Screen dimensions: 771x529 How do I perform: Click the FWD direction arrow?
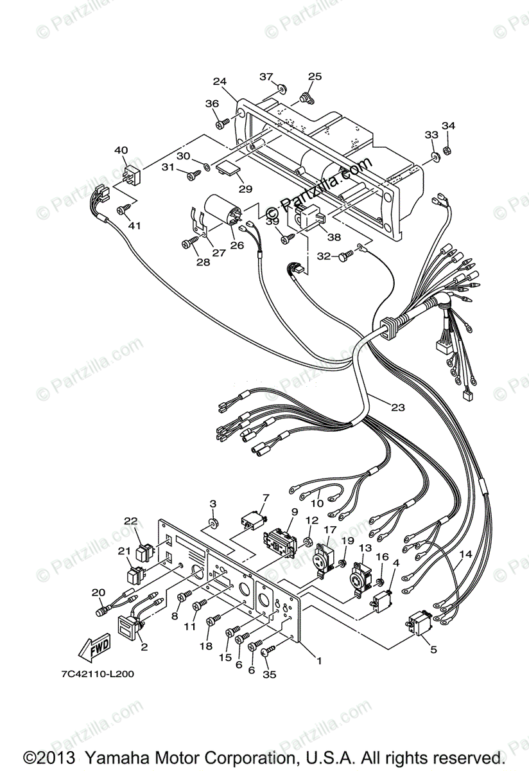coord(94,644)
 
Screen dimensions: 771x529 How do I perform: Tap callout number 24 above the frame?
coord(220,82)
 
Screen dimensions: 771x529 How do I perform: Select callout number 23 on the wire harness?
coord(398,407)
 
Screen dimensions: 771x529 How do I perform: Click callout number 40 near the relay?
coord(121,150)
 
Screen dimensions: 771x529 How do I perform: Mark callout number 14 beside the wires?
coord(465,554)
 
